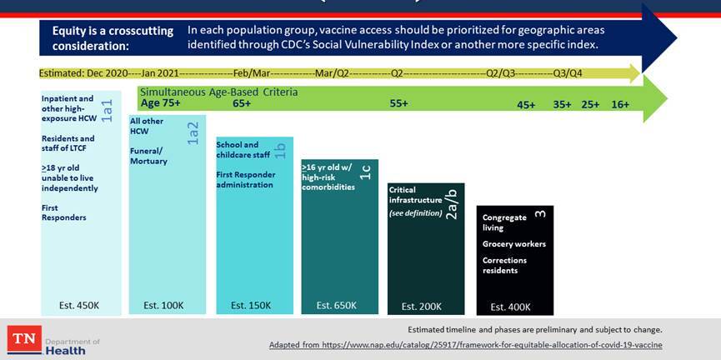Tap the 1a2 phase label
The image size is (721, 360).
tap(193, 132)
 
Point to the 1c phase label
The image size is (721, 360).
tap(365, 172)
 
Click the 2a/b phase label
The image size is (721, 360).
tap(451, 204)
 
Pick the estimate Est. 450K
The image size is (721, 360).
tap(80, 306)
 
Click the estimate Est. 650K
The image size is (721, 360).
tap(337, 306)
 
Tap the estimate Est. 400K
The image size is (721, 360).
tap(510, 307)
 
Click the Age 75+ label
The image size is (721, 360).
tap(161, 104)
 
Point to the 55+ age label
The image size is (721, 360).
tap(398, 104)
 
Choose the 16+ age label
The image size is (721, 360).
tap(620, 105)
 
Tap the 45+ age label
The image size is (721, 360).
tap(526, 105)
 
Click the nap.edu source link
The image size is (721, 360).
tap(465, 345)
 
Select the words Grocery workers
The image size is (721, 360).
tap(514, 244)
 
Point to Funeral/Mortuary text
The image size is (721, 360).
tap(148, 156)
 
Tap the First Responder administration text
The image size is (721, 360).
tap(245, 179)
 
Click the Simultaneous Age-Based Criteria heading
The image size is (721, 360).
tap(218, 92)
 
